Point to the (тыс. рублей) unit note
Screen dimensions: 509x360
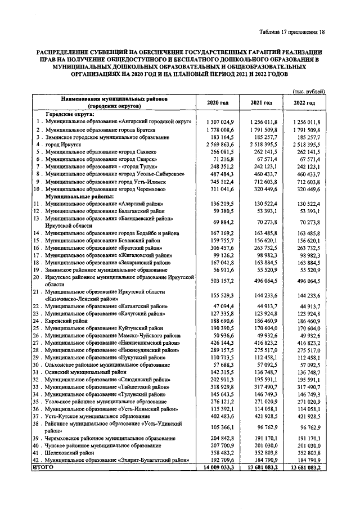coord(306,91)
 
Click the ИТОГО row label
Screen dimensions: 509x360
coord(44,467)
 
